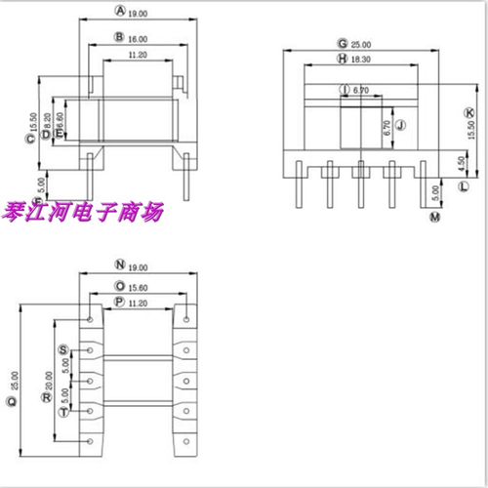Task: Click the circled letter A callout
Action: pyautogui.click(x=120, y=13)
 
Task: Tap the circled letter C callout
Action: pyautogui.click(x=30, y=139)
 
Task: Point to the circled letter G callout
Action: pyautogui.click(x=343, y=44)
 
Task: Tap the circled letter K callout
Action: pyautogui.click(x=469, y=114)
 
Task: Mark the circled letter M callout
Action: pyautogui.click(x=433, y=216)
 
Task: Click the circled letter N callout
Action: pyautogui.click(x=119, y=264)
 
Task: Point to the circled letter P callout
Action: pyautogui.click(x=119, y=304)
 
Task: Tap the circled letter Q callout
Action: pyautogui.click(x=13, y=400)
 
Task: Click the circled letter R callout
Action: pyautogui.click(x=46, y=399)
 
